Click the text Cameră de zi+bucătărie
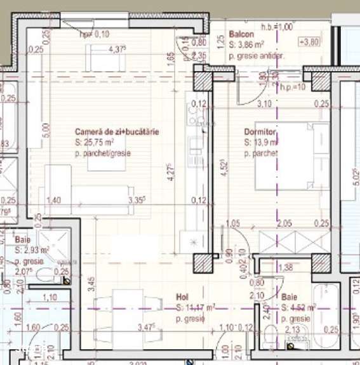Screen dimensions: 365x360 click(117, 131)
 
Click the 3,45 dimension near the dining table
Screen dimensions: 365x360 click(92, 280)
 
